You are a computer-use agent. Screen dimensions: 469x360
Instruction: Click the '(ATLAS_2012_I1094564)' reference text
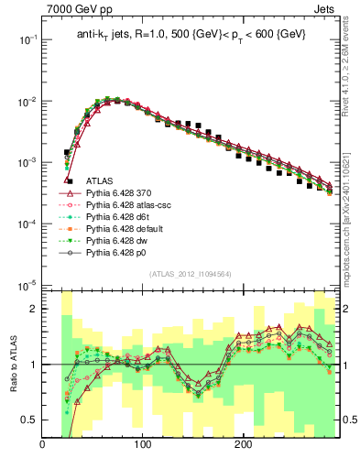click(190, 273)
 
